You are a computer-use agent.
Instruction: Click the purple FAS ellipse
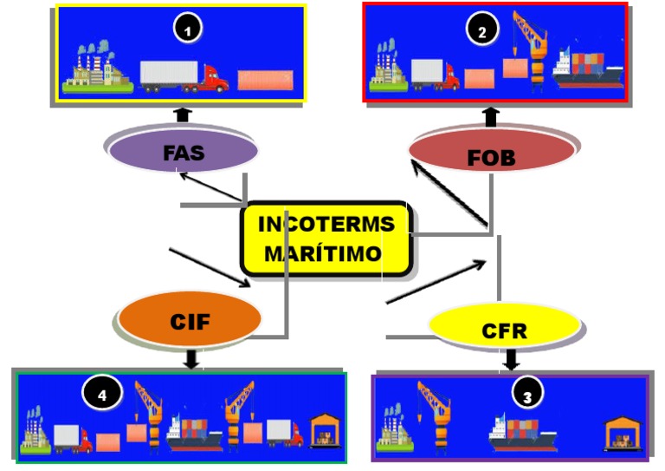point(184,153)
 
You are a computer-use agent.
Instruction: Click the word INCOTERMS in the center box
point(326,224)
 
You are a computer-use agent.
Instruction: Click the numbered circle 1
point(186,29)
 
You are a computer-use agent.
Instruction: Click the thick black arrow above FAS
point(182,114)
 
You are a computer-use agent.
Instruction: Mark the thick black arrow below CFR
point(512,358)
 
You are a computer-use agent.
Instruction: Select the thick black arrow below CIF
point(191,357)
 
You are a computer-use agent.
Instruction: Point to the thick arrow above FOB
point(491,116)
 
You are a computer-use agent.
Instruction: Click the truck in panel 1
point(184,76)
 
